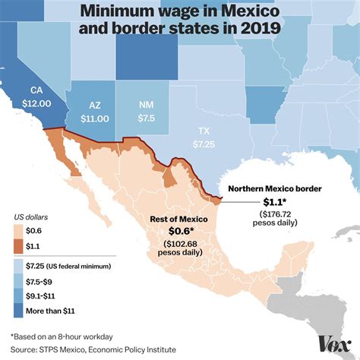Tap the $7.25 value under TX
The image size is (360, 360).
click(203, 144)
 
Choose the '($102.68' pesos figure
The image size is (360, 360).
click(178, 244)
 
